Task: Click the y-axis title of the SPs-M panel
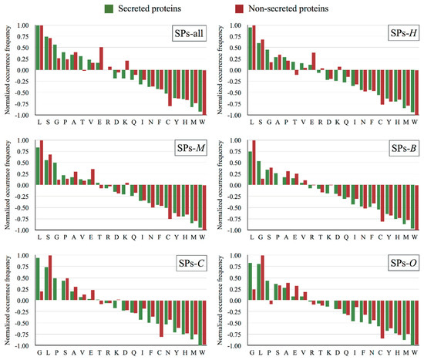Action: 7,185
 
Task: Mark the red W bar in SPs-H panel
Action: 417,93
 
